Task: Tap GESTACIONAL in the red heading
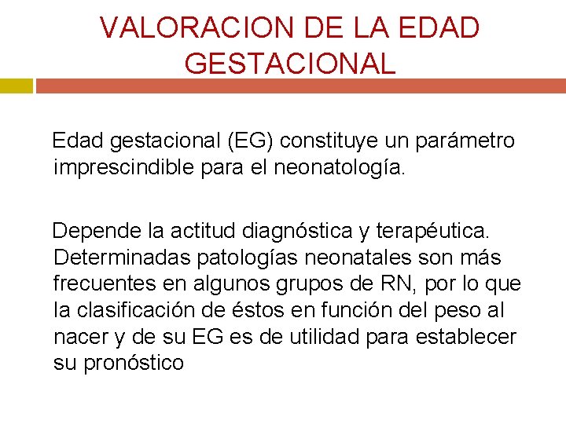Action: coord(290,63)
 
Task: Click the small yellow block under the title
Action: coord(16,86)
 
